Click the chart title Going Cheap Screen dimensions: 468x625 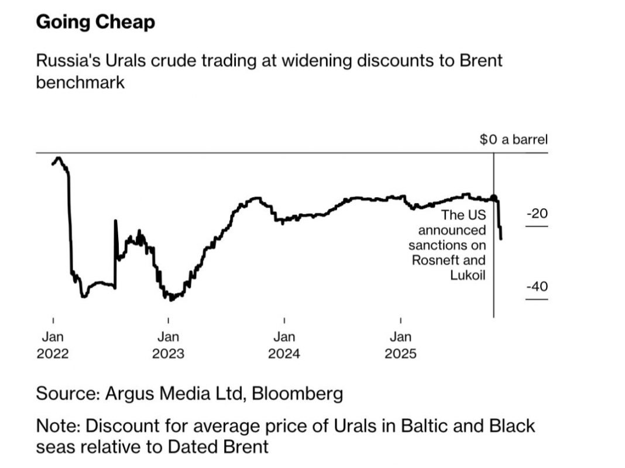coord(95,22)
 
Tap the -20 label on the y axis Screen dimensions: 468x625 coord(537,214)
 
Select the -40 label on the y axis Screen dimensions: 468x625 coord(537,287)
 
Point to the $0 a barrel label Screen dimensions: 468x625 coord(513,140)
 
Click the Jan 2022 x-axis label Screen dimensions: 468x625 coord(53,345)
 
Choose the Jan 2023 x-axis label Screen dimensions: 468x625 coord(168,345)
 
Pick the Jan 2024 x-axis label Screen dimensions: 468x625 coord(284,345)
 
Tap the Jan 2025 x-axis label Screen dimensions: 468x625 coord(401,345)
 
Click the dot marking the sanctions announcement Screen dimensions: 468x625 coord(494,198)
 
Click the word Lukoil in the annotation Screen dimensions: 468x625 coord(468,275)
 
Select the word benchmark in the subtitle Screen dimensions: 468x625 coord(80,82)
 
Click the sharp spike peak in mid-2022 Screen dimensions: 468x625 coord(115,221)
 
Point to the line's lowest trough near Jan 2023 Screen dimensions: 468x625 coord(170,300)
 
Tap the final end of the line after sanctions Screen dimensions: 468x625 coord(502,238)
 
